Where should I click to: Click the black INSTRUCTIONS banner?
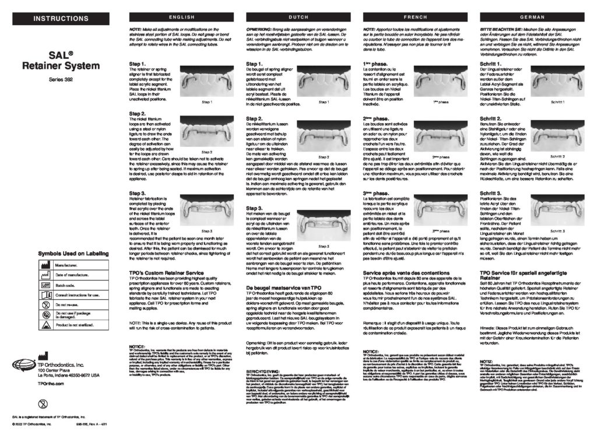[x=61, y=19]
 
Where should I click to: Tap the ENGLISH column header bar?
[x=181, y=17]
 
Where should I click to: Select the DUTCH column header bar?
[x=298, y=17]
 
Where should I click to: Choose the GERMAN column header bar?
[x=532, y=17]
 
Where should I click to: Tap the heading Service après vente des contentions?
[x=405, y=272]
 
